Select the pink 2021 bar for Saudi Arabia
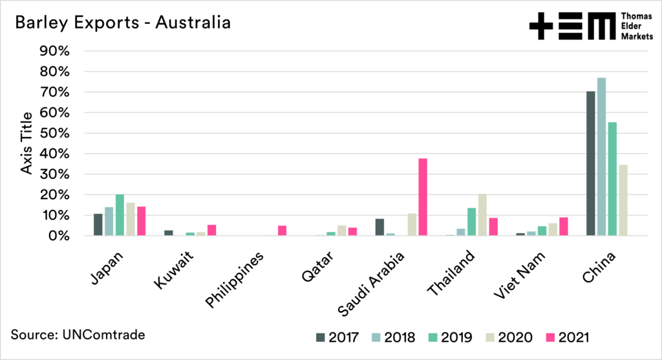tap(423, 197)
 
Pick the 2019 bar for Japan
tap(120, 215)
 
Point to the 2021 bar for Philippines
tap(282, 231)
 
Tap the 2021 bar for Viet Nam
tap(564, 227)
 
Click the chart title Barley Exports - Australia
tap(123, 24)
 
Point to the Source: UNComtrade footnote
tap(78, 335)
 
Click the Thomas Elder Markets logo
tap(581, 26)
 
